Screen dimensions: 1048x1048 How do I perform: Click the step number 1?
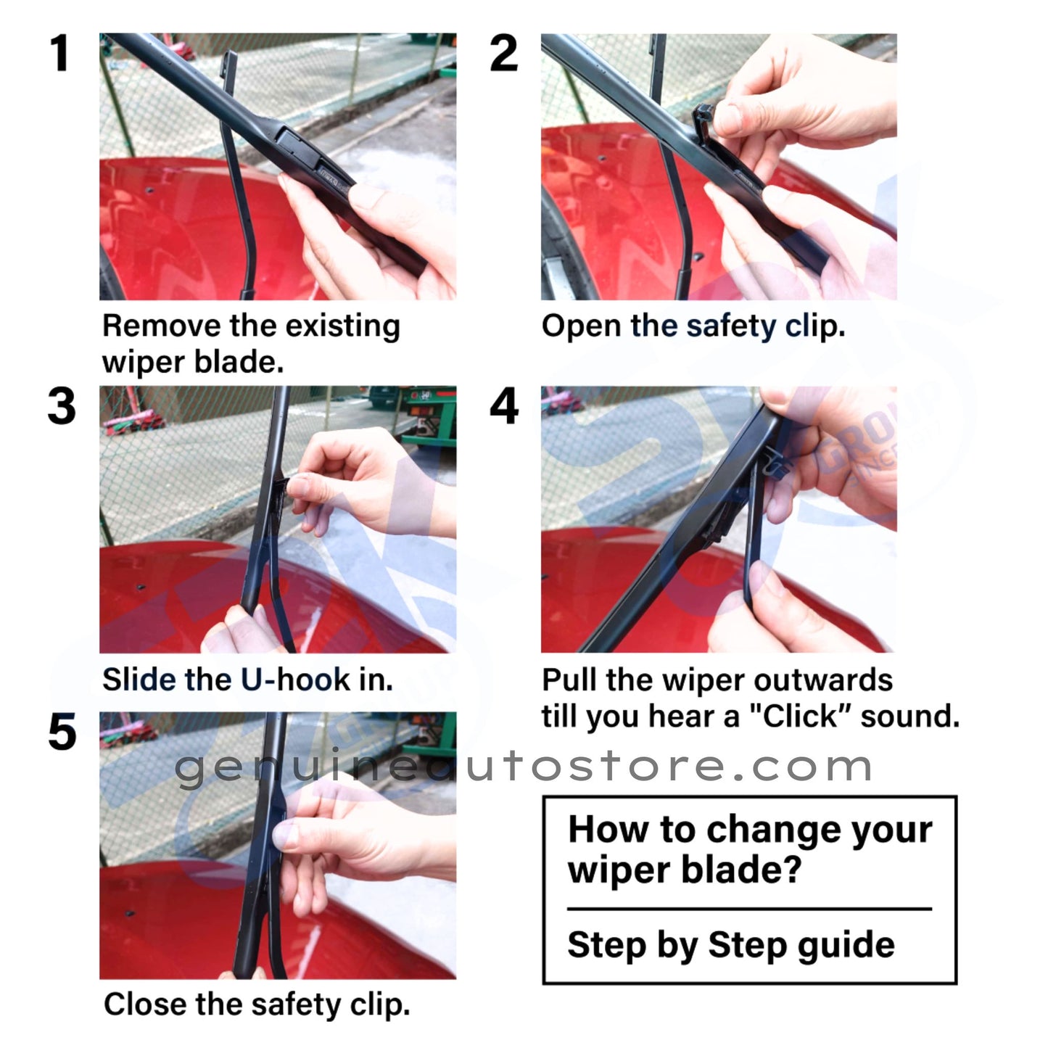click(x=59, y=54)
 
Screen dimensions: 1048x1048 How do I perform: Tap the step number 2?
click(x=503, y=54)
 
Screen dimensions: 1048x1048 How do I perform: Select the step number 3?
click(x=62, y=406)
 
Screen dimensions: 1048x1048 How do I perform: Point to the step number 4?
click(x=504, y=406)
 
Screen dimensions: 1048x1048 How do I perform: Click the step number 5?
click(x=62, y=732)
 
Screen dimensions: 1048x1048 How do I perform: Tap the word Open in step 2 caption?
click(x=581, y=326)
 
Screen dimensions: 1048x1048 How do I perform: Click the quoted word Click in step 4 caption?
click(x=800, y=717)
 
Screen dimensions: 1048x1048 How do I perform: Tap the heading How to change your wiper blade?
click(x=749, y=849)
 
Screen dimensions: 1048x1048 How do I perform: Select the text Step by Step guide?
click(x=731, y=945)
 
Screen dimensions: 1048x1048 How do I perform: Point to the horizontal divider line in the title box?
click(x=749, y=909)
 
